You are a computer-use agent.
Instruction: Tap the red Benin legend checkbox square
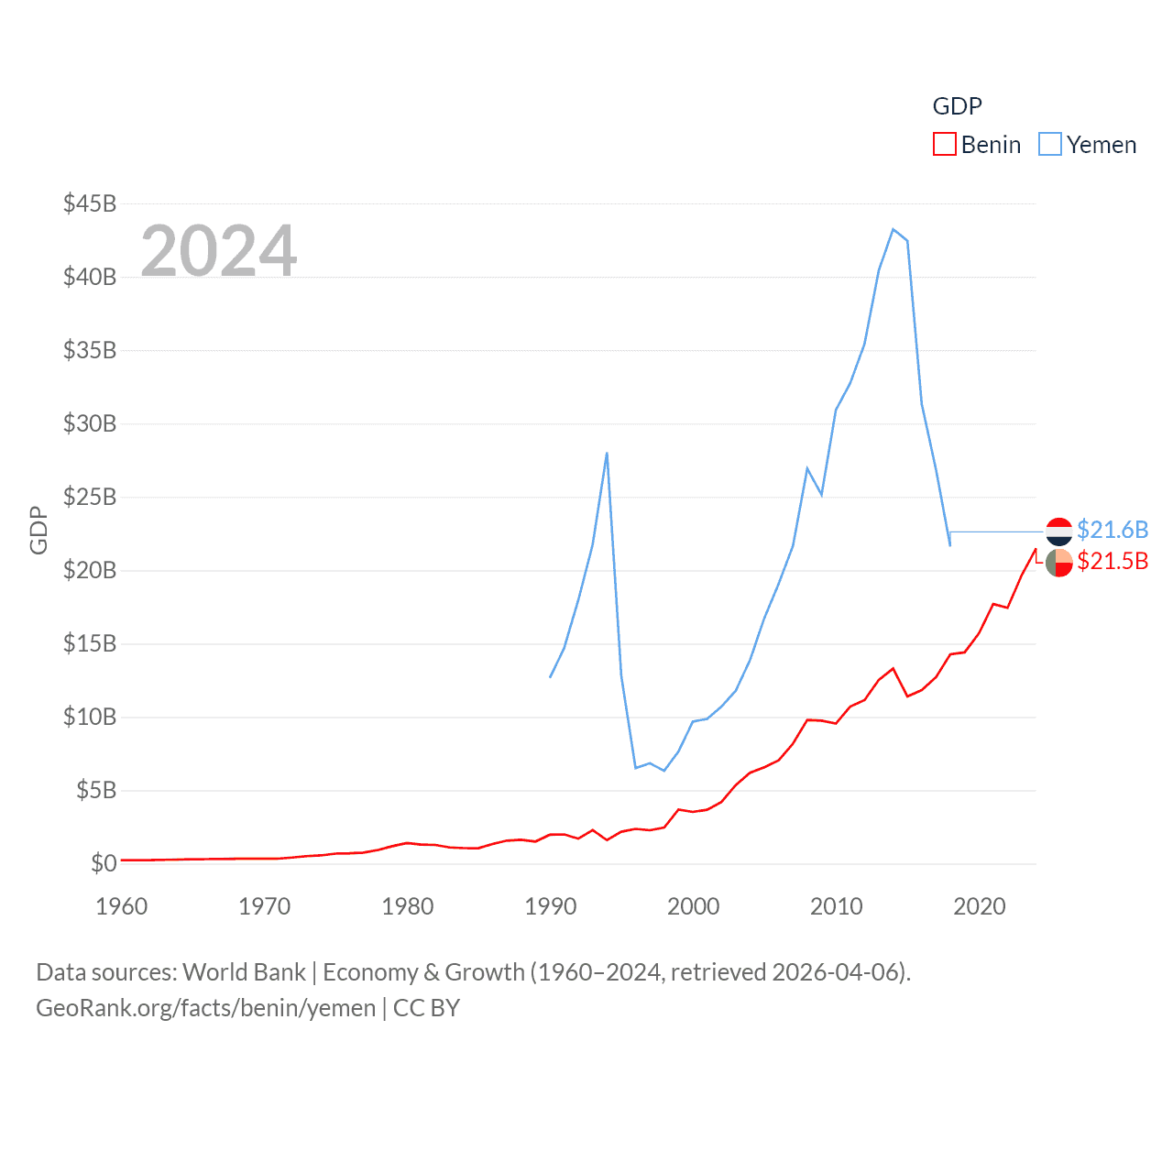945,145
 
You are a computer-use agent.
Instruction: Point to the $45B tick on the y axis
90,203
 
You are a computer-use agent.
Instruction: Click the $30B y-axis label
90,423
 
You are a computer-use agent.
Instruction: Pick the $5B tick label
96,790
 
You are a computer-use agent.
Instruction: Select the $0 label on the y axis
104,863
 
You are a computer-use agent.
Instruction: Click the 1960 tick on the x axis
122,906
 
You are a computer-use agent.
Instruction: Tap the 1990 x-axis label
551,906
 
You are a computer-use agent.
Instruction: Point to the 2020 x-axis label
980,906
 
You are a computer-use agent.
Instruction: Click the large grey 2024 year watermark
218,251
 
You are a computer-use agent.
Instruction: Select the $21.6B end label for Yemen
1113,530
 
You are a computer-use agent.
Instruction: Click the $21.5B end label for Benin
1113,561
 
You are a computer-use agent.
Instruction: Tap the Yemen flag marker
1059,532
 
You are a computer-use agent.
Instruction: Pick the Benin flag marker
1059,563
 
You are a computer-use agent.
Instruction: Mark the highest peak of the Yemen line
893,229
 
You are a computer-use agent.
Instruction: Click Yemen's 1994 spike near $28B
607,453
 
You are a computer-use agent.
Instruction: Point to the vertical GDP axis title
38,530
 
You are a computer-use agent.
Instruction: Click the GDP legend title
957,106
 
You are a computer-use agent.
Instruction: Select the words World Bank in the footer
244,972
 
